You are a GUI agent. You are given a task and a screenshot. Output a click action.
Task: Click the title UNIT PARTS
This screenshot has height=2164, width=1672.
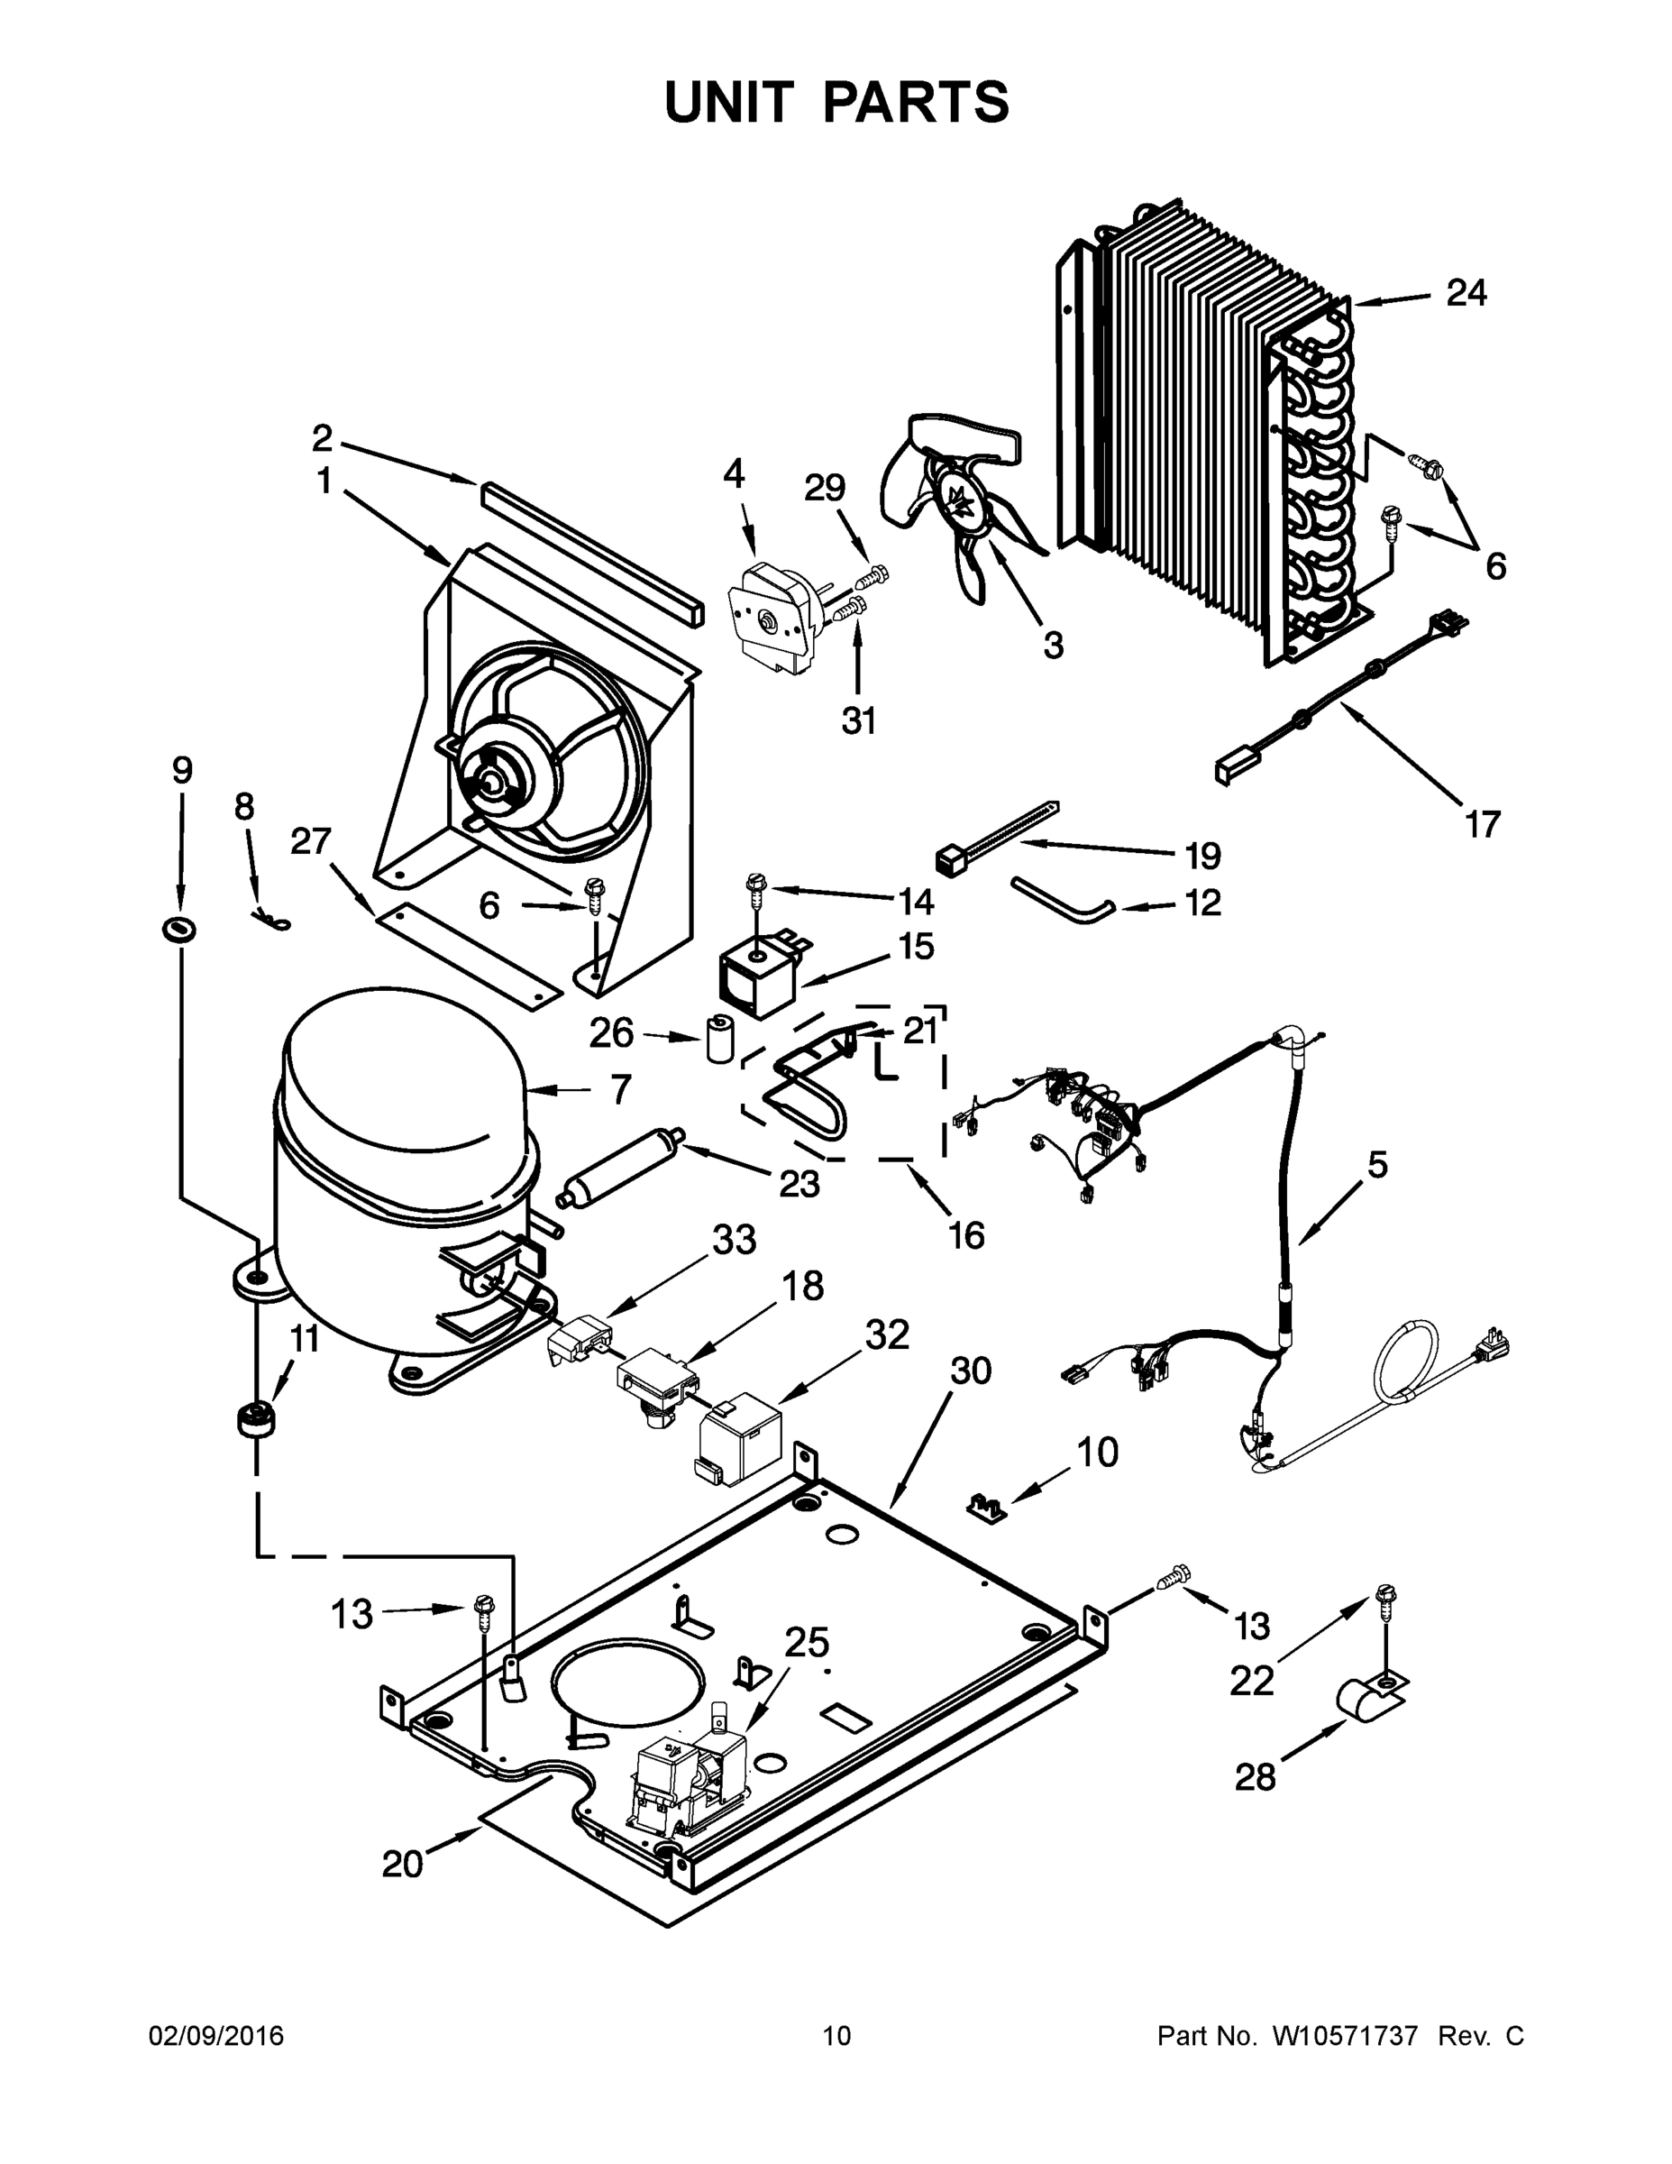tap(837, 102)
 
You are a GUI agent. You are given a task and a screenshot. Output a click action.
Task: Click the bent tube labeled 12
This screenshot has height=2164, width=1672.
tap(1062, 898)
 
